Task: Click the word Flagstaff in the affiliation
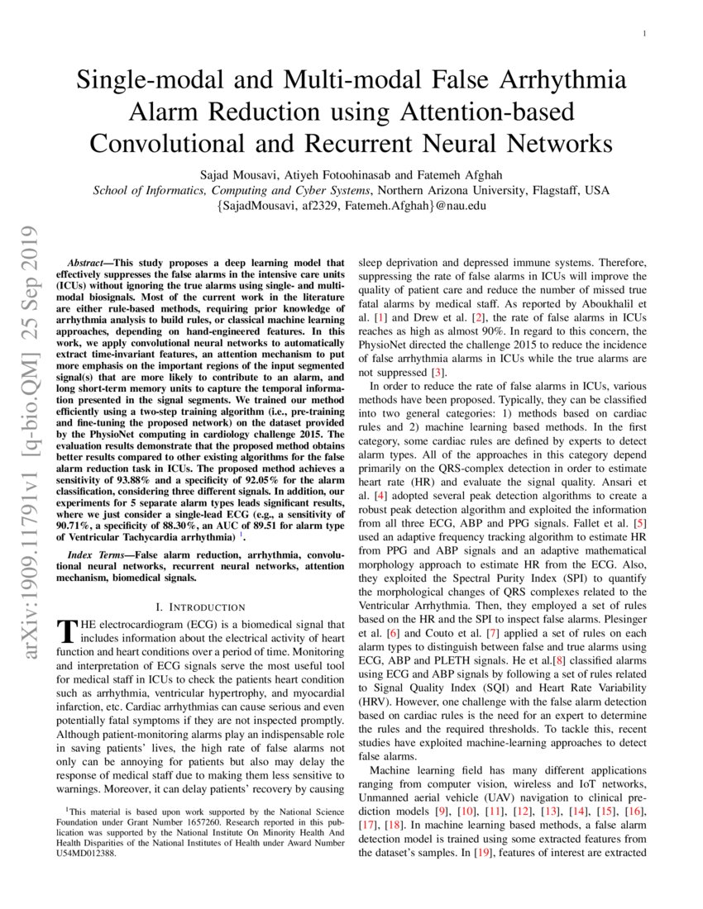(x=548, y=190)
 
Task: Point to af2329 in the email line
(x=312, y=207)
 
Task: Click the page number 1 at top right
(x=644, y=33)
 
